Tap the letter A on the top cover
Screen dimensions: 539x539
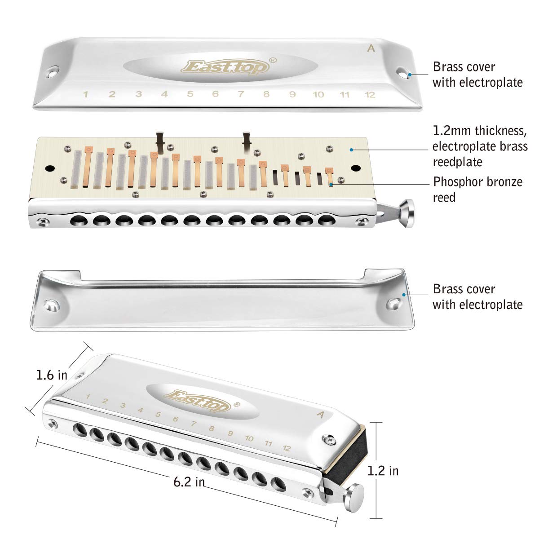pos(371,49)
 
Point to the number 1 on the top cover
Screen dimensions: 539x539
pos(85,94)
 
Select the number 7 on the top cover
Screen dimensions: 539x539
pos(241,94)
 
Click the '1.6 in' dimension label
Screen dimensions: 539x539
pos(52,375)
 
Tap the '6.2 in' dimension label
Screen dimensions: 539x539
pos(189,482)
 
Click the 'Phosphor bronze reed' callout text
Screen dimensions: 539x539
pos(477,189)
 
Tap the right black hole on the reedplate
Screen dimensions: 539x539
pos(356,168)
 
